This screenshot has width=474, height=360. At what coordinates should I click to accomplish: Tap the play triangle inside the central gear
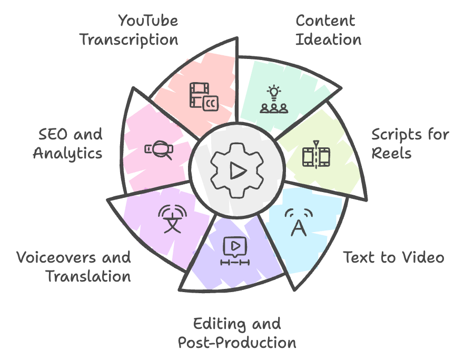tap(238, 171)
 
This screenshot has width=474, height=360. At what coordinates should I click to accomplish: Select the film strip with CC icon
tap(204, 97)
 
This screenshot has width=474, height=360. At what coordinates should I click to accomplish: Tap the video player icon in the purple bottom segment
tap(235, 251)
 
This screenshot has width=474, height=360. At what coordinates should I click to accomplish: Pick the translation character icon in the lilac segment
tap(172, 219)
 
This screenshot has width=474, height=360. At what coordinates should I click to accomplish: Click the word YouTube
tap(148, 21)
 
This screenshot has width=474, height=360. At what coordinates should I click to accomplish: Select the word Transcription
tap(129, 40)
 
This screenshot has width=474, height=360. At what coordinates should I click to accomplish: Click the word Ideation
tap(328, 39)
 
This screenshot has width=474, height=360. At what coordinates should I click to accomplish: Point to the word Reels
tap(391, 153)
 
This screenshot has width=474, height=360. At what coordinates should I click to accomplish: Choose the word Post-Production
tap(237, 343)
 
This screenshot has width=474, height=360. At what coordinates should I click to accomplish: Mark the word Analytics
tap(68, 154)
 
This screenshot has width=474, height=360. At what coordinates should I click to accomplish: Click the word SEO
tap(53, 134)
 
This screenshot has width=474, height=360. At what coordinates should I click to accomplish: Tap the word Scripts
tap(396, 135)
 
